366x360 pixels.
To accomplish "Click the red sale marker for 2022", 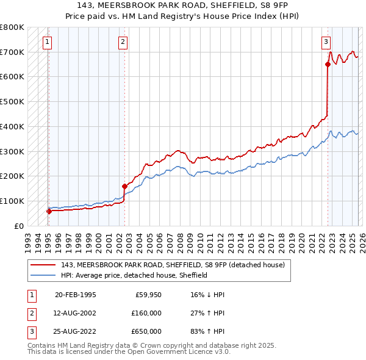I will pos(328,65).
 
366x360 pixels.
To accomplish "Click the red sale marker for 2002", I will pos(124,186).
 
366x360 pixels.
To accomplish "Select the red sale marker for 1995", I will pos(49,211).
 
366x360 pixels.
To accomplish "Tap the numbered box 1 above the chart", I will pos(48,42).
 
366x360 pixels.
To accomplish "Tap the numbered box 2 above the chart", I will pos(123,42).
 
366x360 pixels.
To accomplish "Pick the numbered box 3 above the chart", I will pos(326,42).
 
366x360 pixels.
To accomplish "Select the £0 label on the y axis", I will pos(18,226).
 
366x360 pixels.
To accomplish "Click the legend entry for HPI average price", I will pos(134,275).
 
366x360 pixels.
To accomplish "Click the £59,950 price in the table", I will pos(147,295).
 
